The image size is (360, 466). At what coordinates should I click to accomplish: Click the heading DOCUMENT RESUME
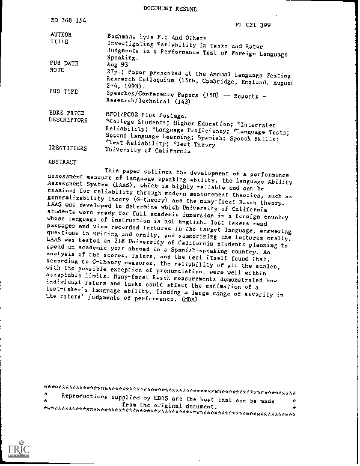pos(180,10)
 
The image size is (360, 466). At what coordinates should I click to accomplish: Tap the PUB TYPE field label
pos(62,93)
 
